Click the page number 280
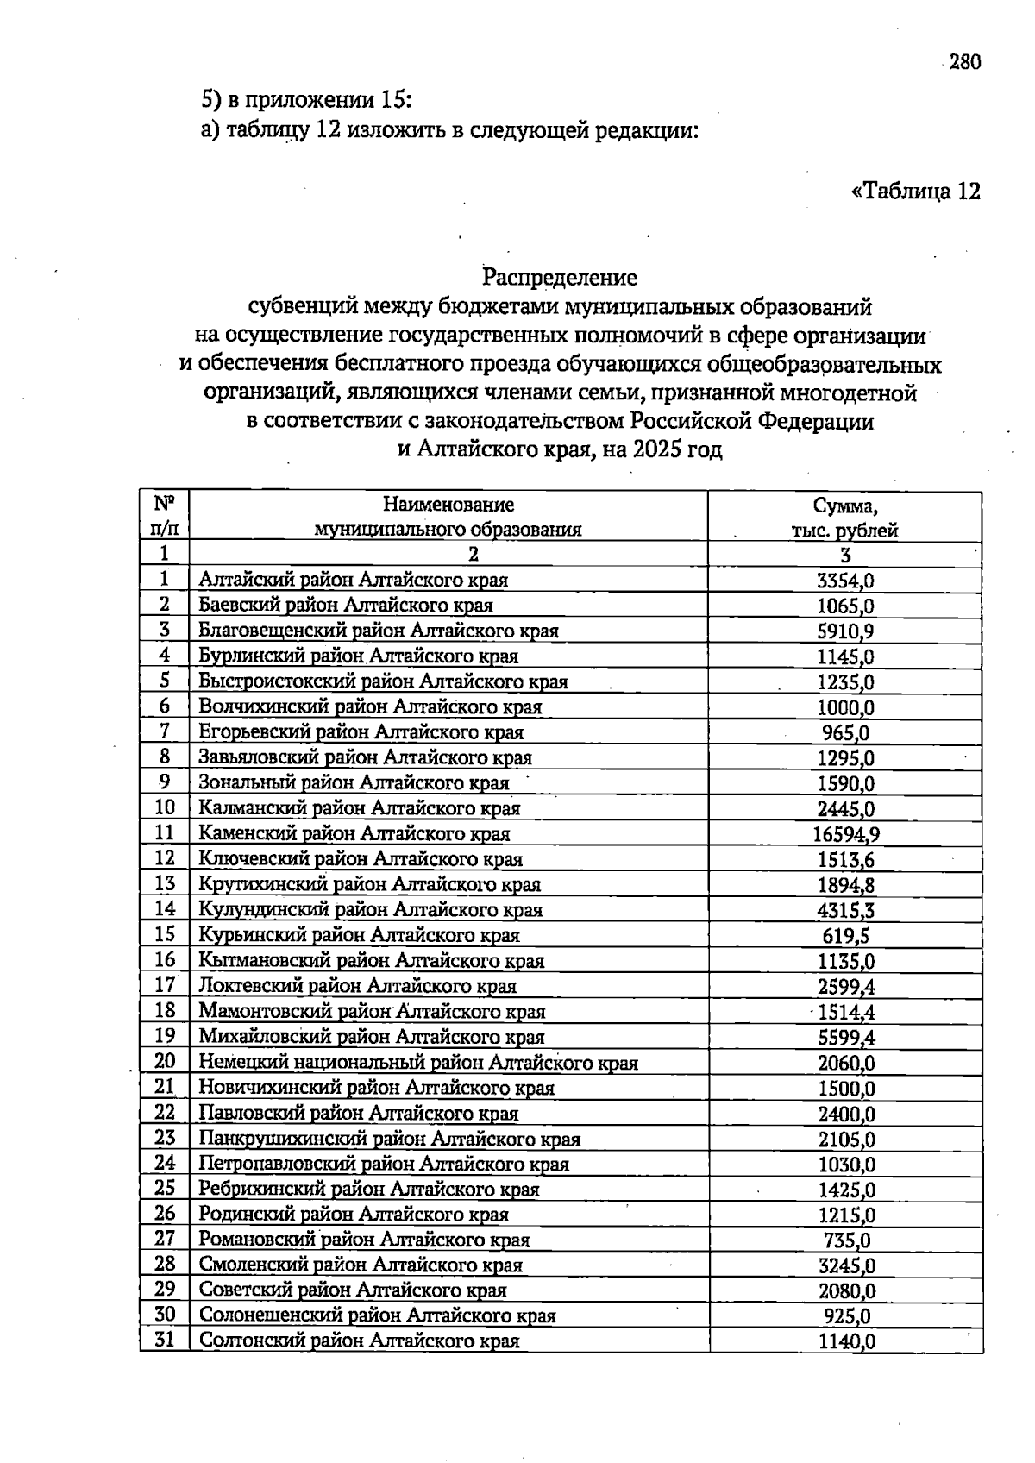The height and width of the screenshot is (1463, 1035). [x=964, y=62]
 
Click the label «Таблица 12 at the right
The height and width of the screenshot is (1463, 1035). [x=915, y=191]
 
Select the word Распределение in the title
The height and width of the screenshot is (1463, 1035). [x=560, y=278]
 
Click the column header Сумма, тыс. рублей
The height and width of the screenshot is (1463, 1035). [x=844, y=518]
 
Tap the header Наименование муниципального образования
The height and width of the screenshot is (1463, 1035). [x=448, y=518]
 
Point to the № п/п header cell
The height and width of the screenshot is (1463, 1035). [x=165, y=518]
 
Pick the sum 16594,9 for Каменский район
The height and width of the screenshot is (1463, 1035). [x=845, y=834]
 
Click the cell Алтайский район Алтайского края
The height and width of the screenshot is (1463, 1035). [x=354, y=580]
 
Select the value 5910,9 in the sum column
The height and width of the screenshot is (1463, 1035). [x=845, y=631]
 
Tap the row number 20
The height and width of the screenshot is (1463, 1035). [x=165, y=1062]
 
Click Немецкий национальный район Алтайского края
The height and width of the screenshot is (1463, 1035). [x=418, y=1063]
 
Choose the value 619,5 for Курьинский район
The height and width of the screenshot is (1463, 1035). [x=845, y=936]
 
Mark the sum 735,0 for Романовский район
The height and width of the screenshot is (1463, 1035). [x=845, y=1240]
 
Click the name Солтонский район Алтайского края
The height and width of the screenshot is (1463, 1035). [x=360, y=1341]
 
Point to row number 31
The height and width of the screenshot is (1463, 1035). [x=165, y=1341]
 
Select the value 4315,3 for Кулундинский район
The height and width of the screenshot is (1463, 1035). [x=845, y=910]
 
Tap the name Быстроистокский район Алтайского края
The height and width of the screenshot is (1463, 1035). [x=383, y=681]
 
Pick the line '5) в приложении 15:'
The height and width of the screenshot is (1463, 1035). [x=307, y=100]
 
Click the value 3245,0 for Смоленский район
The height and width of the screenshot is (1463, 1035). [x=845, y=1265]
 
